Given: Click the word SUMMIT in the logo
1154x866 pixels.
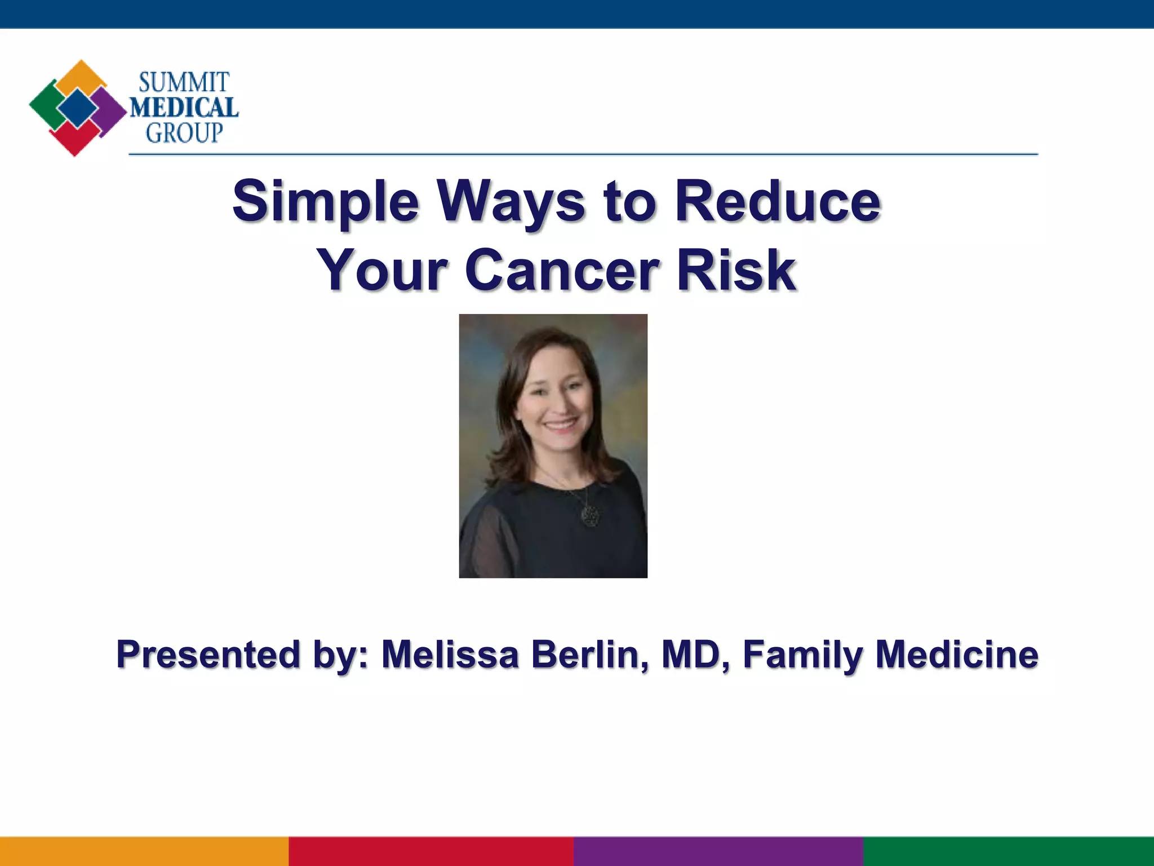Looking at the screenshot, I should pos(184,82).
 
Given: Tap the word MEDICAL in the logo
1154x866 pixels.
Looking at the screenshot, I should pos(184,107).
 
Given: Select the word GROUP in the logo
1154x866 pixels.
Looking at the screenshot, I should pos(184,133).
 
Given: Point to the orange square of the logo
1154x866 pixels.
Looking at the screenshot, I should pos(82,76).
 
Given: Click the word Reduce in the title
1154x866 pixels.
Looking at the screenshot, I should pos(778,201).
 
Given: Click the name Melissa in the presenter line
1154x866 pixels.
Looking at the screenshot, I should pos(450,655).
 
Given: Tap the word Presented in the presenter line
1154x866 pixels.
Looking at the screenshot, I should pos(208,655).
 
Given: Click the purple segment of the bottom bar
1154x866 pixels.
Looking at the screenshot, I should pos(718,851).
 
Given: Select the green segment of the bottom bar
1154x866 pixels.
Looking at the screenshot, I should pos(1009,851).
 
